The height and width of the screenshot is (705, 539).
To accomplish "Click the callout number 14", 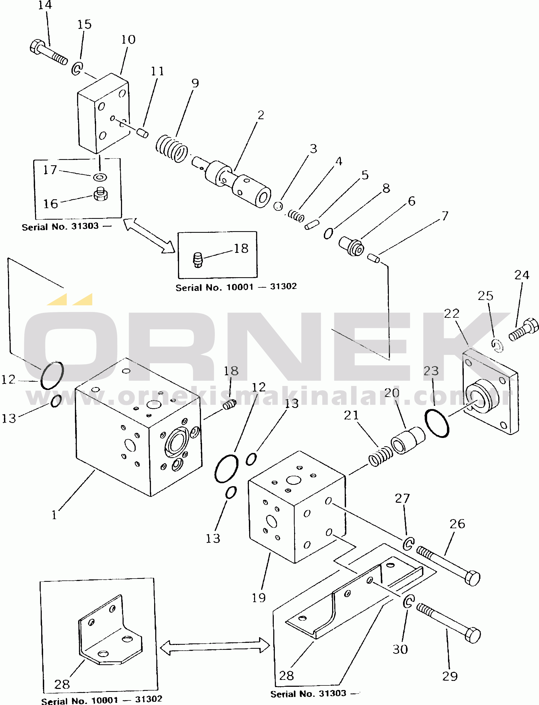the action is pos(45,5).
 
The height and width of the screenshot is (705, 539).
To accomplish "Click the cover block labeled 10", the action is pos(103,113).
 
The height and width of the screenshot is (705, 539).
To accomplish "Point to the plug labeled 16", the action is pos(100,194).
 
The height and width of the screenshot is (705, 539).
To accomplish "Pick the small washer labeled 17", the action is pos(100,177).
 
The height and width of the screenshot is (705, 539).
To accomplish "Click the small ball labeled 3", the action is pos(278,206).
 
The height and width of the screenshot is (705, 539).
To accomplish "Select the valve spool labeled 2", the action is pos(232,181).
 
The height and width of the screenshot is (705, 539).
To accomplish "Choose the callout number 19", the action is pos(259,598).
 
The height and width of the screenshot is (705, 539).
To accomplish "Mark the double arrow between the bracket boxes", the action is pos(215,646).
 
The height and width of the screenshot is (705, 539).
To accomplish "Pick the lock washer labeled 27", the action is pos(409,544).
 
